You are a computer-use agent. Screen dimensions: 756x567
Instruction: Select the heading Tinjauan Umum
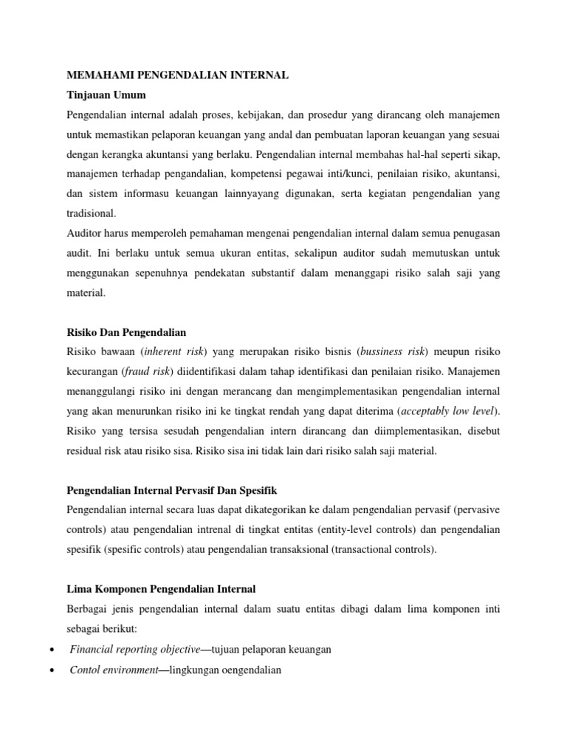pyautogui.click(x=106, y=95)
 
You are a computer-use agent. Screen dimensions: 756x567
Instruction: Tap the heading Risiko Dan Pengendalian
pyautogui.click(x=126, y=331)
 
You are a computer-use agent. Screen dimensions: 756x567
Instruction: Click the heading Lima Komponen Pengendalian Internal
pyautogui.click(x=161, y=588)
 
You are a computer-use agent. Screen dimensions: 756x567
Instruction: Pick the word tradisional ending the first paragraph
pyautogui.click(x=91, y=213)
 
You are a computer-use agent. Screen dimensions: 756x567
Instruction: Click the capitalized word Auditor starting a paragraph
pyautogui.click(x=85, y=233)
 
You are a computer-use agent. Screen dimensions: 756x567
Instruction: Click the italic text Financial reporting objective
pyautogui.click(x=135, y=649)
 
